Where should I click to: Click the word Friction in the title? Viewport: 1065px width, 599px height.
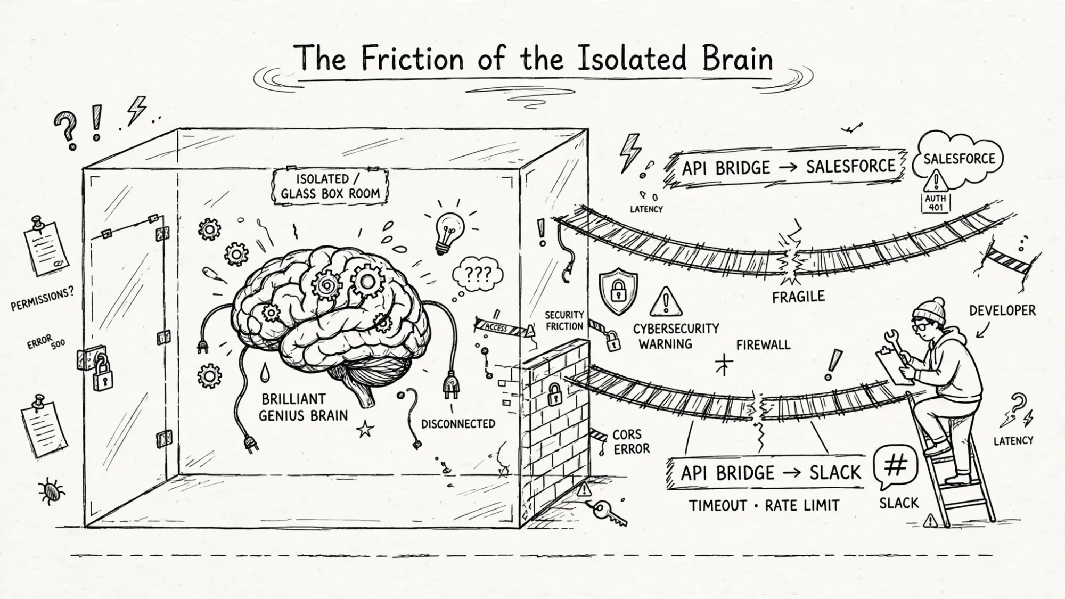click(x=412, y=58)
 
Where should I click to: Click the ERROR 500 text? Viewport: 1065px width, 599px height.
click(x=47, y=341)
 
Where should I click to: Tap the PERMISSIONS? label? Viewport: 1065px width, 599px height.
click(x=43, y=299)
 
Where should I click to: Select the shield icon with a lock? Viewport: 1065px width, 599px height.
click(x=618, y=291)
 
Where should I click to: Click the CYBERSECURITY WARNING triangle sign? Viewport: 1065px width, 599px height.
click(x=666, y=302)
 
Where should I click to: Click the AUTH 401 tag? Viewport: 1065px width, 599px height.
click(x=936, y=203)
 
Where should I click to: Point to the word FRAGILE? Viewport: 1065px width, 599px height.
click(x=798, y=297)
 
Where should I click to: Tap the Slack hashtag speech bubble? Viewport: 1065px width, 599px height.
click(x=896, y=468)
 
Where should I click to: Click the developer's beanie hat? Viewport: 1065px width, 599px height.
click(x=929, y=310)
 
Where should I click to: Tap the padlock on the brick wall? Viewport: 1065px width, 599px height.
click(x=554, y=394)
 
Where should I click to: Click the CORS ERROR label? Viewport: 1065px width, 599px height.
click(x=632, y=442)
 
